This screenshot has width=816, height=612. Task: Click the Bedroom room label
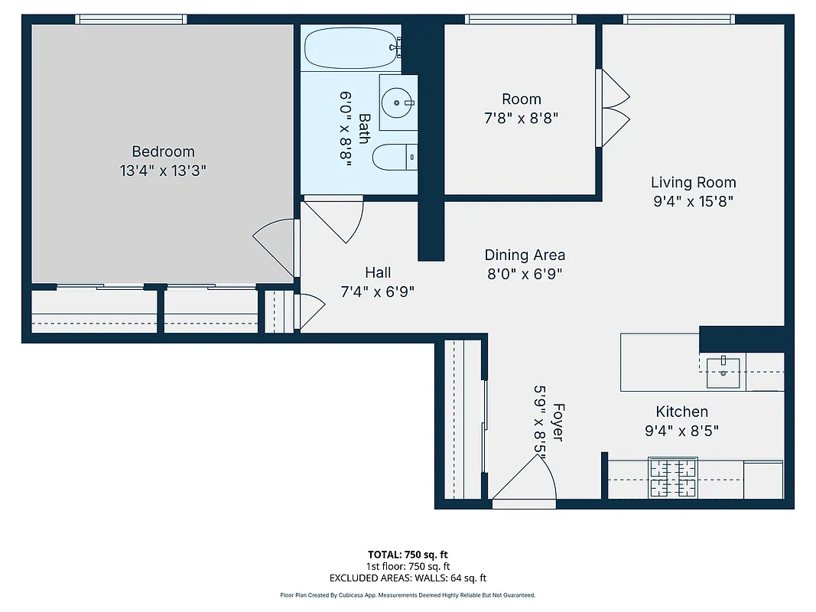(x=163, y=151)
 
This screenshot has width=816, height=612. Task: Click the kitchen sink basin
(x=723, y=373)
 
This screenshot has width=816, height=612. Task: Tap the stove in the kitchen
(x=673, y=478)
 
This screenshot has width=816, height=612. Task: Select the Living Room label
(x=693, y=182)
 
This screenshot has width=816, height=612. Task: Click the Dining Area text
(x=525, y=255)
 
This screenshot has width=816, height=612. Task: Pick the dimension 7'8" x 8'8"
(x=522, y=118)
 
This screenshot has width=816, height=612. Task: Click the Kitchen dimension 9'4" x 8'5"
(x=681, y=431)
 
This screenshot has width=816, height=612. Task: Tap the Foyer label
(x=558, y=422)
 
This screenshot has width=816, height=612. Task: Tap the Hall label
(x=378, y=272)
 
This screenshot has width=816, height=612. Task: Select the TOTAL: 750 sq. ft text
(x=408, y=554)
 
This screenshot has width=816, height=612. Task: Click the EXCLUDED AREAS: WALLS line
(x=408, y=578)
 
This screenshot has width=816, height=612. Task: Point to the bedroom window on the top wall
(x=131, y=19)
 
